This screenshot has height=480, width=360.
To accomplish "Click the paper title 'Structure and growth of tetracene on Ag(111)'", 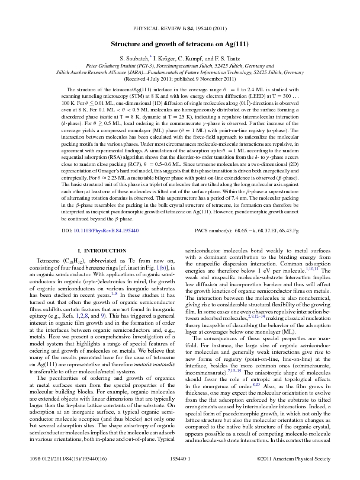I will [180, 44].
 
